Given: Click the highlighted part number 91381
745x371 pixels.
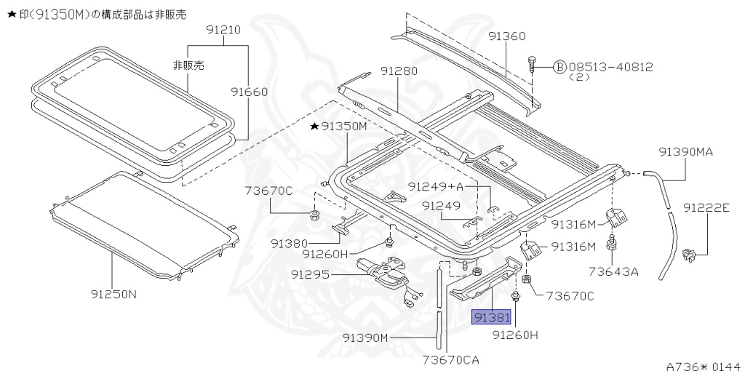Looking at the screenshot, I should [492, 318].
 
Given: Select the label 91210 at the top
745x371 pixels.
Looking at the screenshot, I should [223, 31].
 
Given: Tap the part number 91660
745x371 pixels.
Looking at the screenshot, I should [250, 92].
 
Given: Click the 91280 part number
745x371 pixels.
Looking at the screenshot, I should [398, 71].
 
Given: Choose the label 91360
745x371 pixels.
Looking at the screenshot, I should [506, 36].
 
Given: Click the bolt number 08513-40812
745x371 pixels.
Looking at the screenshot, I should [610, 67].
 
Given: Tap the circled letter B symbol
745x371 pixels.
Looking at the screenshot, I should [560, 68].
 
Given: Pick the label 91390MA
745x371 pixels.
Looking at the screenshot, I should [685, 152].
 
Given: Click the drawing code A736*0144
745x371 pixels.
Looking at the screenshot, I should [702, 366].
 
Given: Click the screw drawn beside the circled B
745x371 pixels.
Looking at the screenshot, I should [533, 65].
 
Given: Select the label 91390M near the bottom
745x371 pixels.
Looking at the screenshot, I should [367, 338].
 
